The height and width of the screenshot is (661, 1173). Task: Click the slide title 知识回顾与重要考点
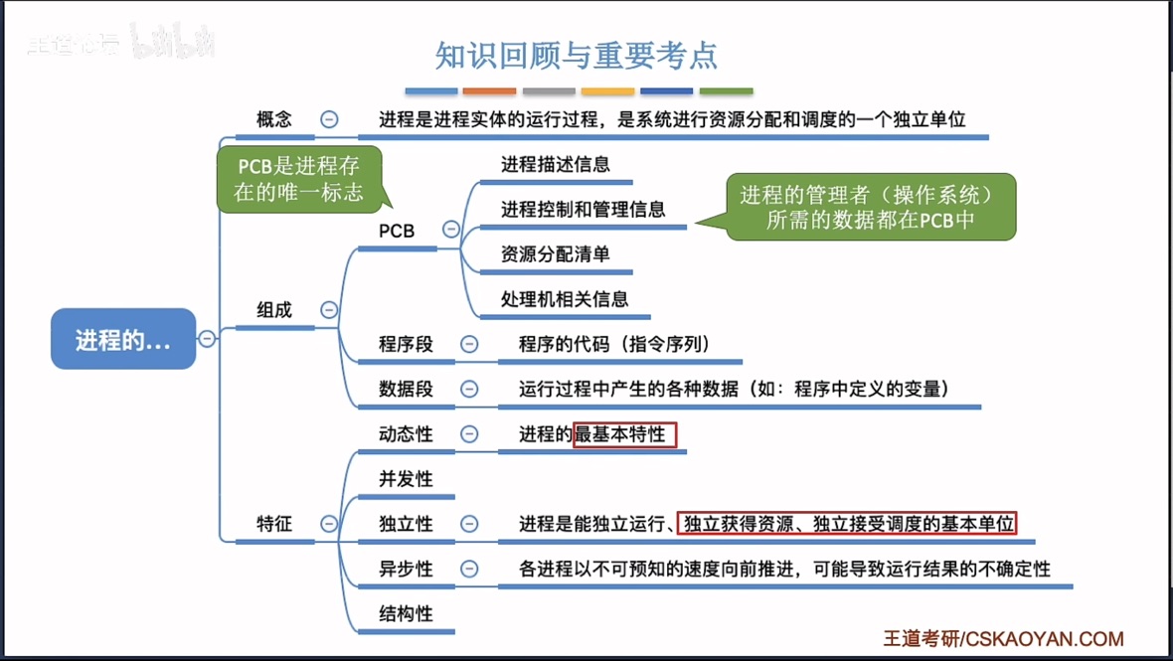[577, 55]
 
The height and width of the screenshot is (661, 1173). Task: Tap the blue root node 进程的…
[123, 340]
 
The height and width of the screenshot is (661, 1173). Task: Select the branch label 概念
[274, 119]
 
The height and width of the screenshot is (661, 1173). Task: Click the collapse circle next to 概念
[329, 119]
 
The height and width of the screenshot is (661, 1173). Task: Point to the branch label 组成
[274, 310]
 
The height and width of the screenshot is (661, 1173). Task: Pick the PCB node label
[397, 231]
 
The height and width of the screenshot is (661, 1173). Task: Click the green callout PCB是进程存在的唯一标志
[299, 179]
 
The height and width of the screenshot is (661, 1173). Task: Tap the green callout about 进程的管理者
[871, 207]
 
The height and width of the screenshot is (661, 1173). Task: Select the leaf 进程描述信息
[555, 164]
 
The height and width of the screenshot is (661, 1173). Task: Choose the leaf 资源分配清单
[555, 254]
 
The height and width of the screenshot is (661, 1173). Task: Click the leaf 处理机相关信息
[564, 299]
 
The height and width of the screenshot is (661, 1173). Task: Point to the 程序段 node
[406, 345]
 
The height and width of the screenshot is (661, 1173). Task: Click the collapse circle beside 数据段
[469, 390]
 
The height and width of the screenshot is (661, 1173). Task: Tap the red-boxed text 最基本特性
[625, 434]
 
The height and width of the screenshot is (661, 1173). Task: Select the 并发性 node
[406, 479]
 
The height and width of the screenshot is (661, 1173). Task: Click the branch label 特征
[274, 524]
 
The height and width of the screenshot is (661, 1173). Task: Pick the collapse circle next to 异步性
[469, 570]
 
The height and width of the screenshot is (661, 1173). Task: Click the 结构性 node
[406, 614]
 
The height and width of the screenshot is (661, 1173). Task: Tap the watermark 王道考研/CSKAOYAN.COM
[1004, 639]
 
